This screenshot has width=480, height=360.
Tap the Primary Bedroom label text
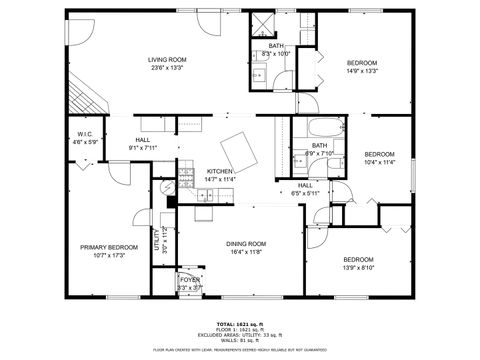(x=109, y=246)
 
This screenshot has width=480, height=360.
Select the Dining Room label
(x=245, y=244)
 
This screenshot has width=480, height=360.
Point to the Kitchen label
(x=220, y=171)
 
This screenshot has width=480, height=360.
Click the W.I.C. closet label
(x=86, y=134)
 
